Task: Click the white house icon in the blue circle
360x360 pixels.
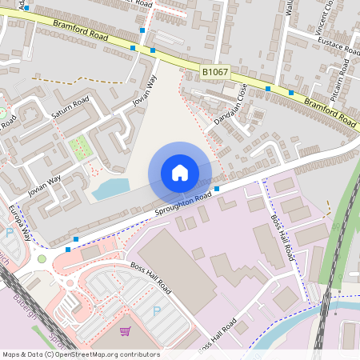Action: coord(180,173)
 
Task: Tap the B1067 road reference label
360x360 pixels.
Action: coord(214,73)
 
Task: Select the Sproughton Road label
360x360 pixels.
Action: coord(183,204)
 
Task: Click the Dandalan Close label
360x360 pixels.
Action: coord(229,106)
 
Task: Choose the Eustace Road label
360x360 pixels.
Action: coord(340,45)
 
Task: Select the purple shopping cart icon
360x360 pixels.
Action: coord(125,330)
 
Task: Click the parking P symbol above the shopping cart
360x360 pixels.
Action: coord(156,310)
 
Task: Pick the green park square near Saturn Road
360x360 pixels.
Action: coord(80,147)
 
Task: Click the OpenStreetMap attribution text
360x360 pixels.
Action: coord(80,354)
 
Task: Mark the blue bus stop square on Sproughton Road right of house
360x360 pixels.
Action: coord(217,190)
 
